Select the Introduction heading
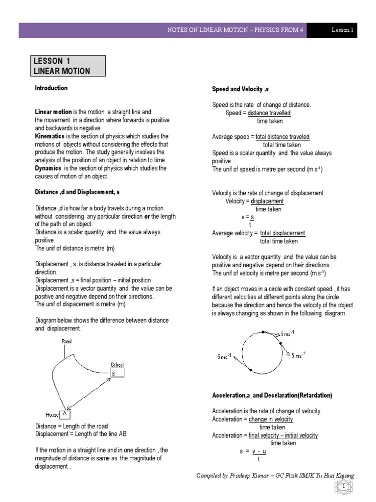51,88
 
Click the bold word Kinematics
50,136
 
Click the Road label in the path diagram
66,341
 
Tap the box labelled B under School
117,374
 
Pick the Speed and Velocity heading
240,89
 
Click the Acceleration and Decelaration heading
272,395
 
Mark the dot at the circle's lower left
251,370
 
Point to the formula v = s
249,217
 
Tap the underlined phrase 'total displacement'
282,233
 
